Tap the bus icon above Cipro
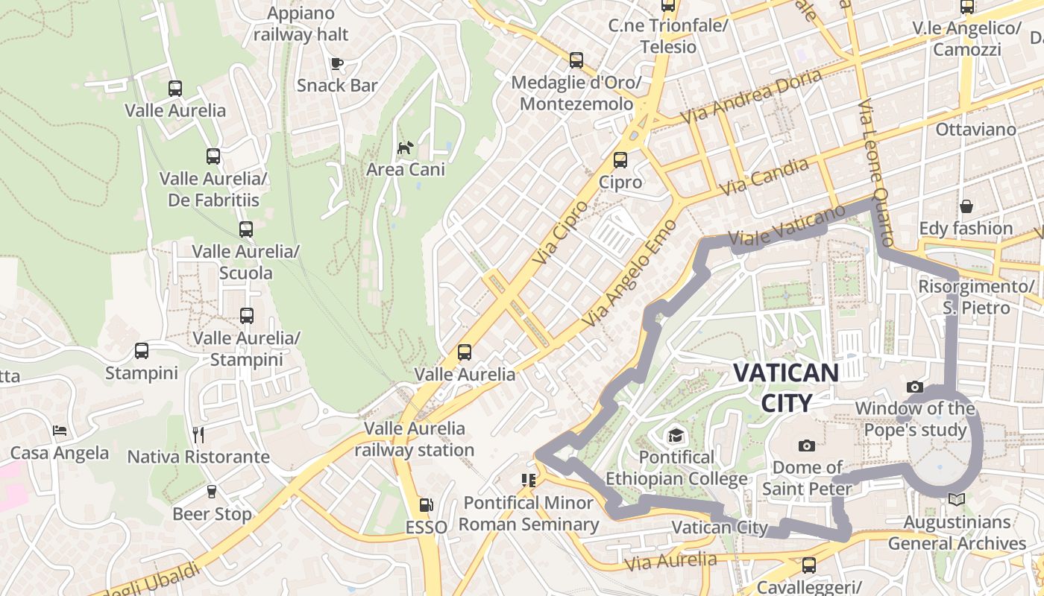[620, 160]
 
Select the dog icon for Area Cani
[405, 148]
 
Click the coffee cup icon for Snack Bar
[337, 63]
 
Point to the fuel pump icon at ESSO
[426, 505]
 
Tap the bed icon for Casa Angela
[60, 431]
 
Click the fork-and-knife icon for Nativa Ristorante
[198, 434]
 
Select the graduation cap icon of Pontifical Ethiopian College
[676, 435]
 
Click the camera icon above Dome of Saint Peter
[806, 446]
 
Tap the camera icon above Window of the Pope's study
[914, 387]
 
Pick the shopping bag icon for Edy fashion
[966, 206]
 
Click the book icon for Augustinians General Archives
[956, 499]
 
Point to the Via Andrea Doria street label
[751, 96]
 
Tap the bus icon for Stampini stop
[141, 350]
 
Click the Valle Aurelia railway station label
[414, 440]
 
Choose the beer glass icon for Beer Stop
[212, 492]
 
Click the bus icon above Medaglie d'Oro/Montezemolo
[576, 60]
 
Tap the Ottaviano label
[975, 130]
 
